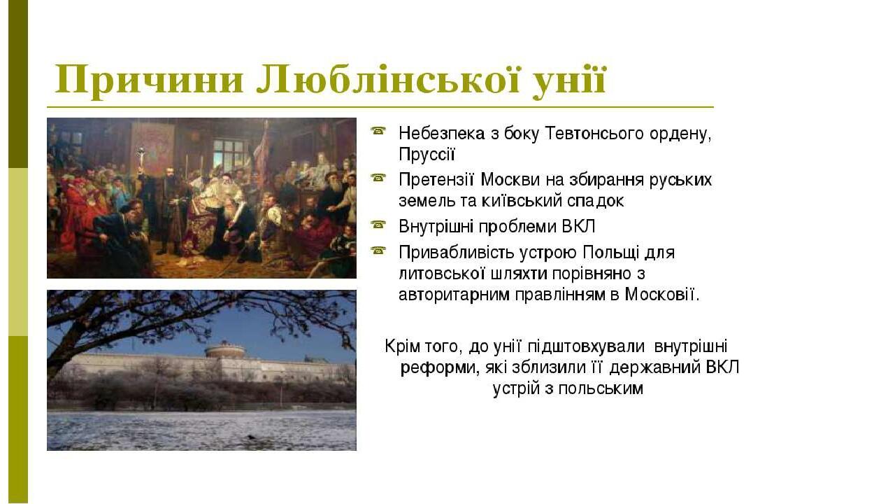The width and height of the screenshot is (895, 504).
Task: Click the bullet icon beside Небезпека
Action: coord(378,131)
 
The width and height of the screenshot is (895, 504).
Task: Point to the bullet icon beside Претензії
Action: coord(378,178)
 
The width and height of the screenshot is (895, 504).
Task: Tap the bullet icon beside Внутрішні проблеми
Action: coord(378,225)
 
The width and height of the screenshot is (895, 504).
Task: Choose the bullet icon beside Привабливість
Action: coord(378,251)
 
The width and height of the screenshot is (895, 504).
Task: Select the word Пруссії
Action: coord(427,155)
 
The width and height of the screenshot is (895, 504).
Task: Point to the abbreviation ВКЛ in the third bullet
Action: coord(578,227)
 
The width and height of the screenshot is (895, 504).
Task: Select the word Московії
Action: coord(662,295)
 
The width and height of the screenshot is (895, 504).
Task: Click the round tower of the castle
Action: coord(226,351)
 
